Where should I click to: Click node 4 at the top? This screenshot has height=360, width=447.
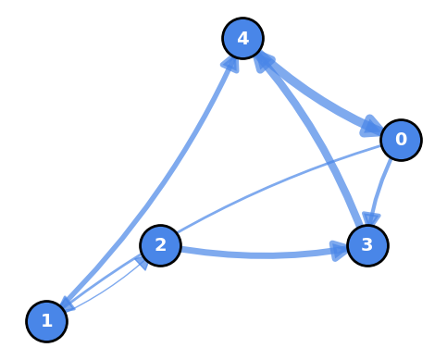click(x=242, y=39)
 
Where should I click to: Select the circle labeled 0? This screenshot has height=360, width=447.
click(x=401, y=140)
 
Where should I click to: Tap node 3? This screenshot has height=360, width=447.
click(x=367, y=245)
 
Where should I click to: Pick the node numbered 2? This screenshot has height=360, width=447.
click(x=160, y=245)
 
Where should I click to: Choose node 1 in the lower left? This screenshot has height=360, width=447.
click(x=46, y=321)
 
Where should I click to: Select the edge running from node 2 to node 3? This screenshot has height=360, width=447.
click(x=259, y=254)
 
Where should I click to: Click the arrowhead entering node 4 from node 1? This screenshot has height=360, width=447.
click(x=231, y=63)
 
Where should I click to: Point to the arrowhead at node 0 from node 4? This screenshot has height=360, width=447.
click(x=372, y=126)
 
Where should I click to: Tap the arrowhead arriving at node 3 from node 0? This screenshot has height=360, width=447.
click(x=371, y=217)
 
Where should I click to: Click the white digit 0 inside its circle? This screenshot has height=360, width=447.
click(x=401, y=140)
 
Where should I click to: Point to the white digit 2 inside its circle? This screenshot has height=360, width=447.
click(x=160, y=245)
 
